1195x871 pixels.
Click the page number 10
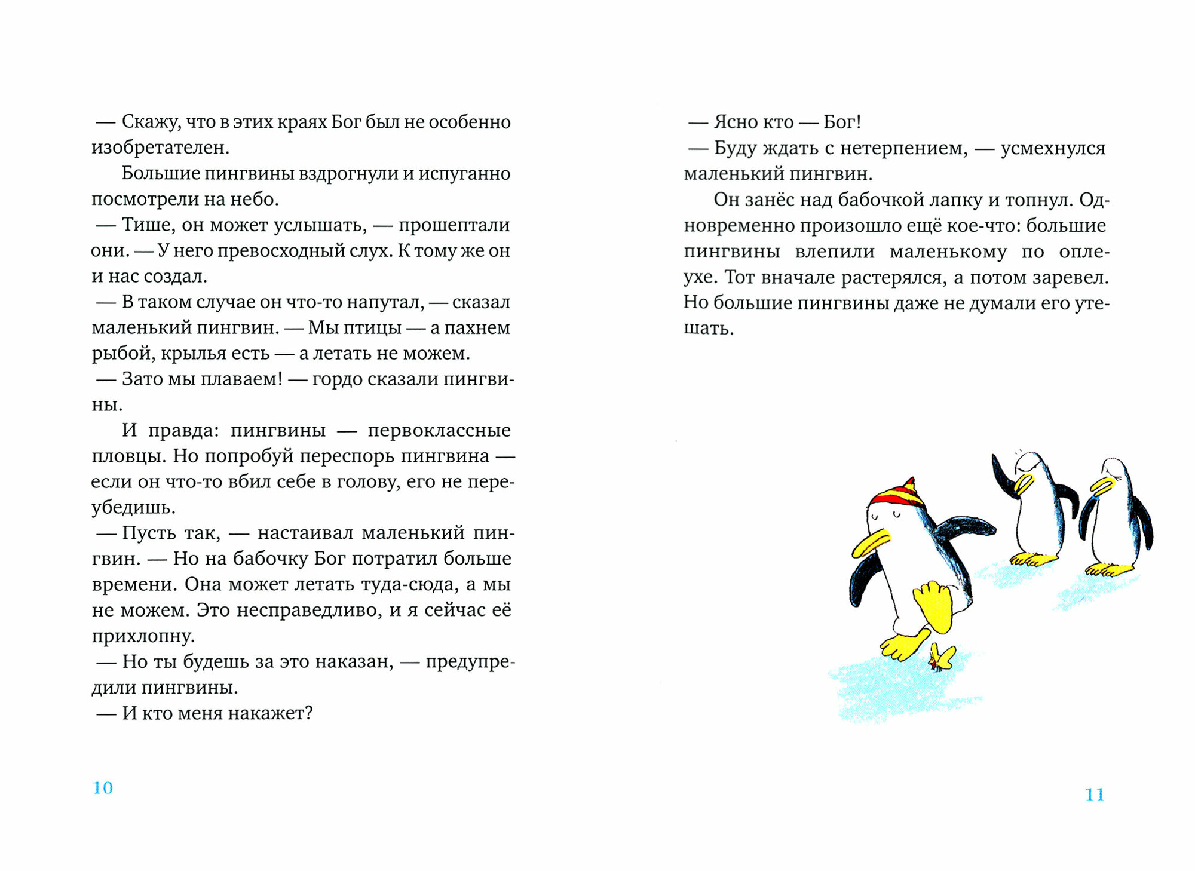[x=103, y=788]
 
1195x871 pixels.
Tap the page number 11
[x=1095, y=794]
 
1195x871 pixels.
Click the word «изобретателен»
[x=160, y=148]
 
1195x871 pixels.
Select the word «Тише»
[x=146, y=225]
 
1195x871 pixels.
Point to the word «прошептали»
[x=454, y=225]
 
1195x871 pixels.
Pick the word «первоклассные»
[x=439, y=430]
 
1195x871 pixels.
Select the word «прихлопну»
[x=143, y=636]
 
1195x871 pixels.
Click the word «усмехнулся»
[x=1053, y=148]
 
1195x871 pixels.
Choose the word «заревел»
[x=1071, y=277]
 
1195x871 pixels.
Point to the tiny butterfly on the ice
[x=940, y=658]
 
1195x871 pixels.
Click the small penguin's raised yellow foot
[x=933, y=604]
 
